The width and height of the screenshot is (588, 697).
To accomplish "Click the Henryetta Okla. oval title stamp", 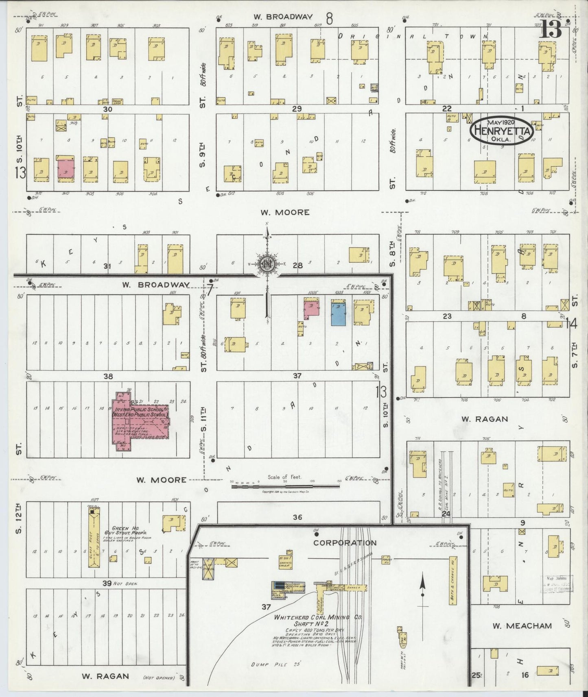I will coord(501,131).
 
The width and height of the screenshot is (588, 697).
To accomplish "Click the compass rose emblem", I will coord(267,264).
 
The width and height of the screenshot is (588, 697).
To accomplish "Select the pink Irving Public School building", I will coord(140,423).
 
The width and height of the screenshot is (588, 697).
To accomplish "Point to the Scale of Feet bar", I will coord(284,486).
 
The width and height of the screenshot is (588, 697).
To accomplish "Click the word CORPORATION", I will coord(345,542).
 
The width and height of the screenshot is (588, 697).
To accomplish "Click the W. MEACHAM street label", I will coord(522,626).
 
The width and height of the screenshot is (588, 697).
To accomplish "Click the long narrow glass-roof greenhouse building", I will coord(96,537).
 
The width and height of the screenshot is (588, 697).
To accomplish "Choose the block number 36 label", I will coord(297,517).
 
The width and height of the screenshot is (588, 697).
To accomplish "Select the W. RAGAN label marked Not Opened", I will coord(105,676).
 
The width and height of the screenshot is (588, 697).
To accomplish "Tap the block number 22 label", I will coord(447,108).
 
